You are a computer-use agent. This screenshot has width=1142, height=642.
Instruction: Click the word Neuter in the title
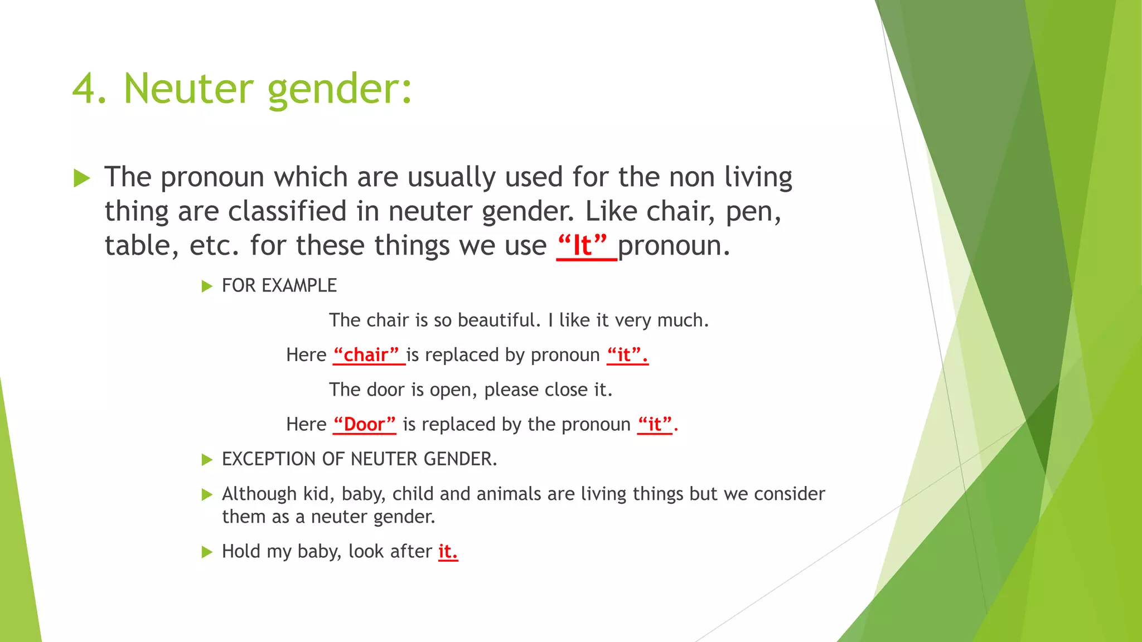click(188, 89)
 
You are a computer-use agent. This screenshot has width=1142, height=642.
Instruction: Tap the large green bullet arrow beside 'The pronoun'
click(82, 178)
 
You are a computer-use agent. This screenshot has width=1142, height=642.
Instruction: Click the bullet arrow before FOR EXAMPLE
click(207, 286)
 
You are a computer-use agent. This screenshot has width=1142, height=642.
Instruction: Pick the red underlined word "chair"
click(367, 355)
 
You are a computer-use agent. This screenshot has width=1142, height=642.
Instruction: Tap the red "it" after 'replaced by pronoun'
click(625, 355)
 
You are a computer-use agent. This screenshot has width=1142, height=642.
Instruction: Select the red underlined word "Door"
click(364, 425)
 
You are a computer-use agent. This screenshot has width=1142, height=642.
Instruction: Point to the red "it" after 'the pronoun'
click(655, 425)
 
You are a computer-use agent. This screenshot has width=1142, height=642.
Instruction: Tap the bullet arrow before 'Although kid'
click(207, 494)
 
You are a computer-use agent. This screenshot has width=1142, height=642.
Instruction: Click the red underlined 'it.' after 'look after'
click(448, 552)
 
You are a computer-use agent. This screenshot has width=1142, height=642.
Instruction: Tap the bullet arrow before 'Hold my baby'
click(207, 552)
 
